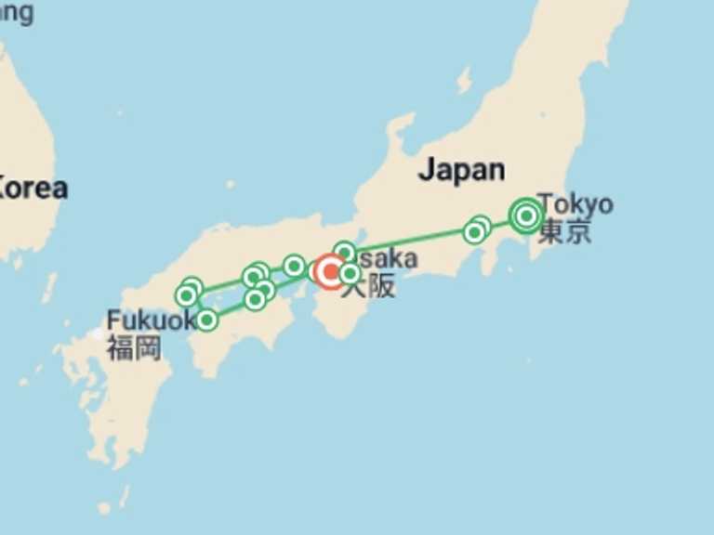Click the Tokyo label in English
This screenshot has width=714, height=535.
click(x=575, y=202)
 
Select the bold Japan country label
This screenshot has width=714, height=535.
click(x=461, y=169)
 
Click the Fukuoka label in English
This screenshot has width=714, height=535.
click(x=149, y=320)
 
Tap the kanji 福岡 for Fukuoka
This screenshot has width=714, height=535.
click(x=134, y=347)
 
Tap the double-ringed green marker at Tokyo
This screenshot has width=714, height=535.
click(x=526, y=215)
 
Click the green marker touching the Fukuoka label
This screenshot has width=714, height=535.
click(x=206, y=320)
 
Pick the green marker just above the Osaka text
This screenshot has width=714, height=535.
click(x=344, y=252)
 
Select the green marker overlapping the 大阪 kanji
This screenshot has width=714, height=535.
click(x=350, y=273)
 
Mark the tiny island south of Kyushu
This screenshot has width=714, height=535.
click(x=104, y=508)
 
